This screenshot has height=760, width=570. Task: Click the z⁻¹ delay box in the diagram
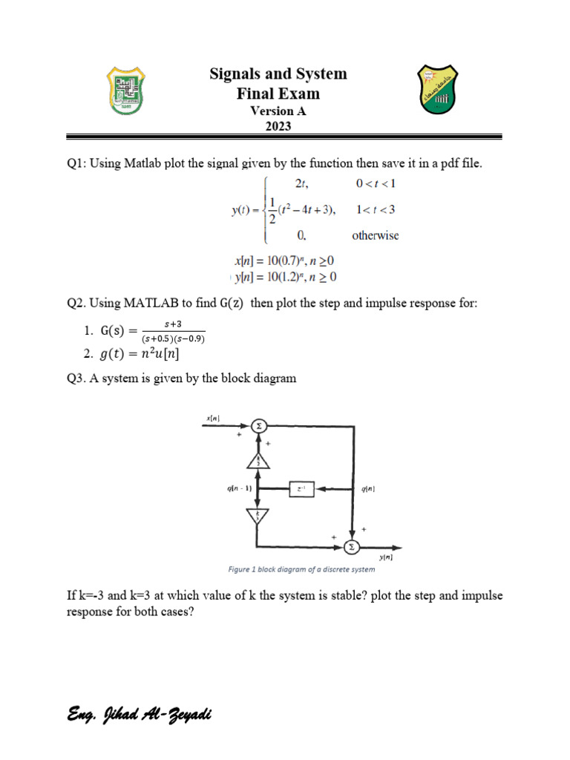[x=301, y=489]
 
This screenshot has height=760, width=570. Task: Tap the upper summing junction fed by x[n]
[x=259, y=426]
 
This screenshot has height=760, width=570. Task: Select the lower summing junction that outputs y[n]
[x=351, y=547]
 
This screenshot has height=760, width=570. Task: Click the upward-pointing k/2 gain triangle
[x=259, y=460]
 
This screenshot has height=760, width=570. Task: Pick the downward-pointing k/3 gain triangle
[x=259, y=515]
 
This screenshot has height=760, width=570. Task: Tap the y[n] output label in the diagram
[x=385, y=557]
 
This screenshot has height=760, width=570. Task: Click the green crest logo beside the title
[x=128, y=91]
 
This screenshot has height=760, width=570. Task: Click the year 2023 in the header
[x=278, y=125]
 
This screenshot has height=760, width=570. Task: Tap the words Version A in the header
[x=278, y=111]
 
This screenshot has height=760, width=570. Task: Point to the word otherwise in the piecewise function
[x=375, y=236]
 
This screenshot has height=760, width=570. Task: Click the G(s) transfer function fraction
[x=173, y=331]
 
